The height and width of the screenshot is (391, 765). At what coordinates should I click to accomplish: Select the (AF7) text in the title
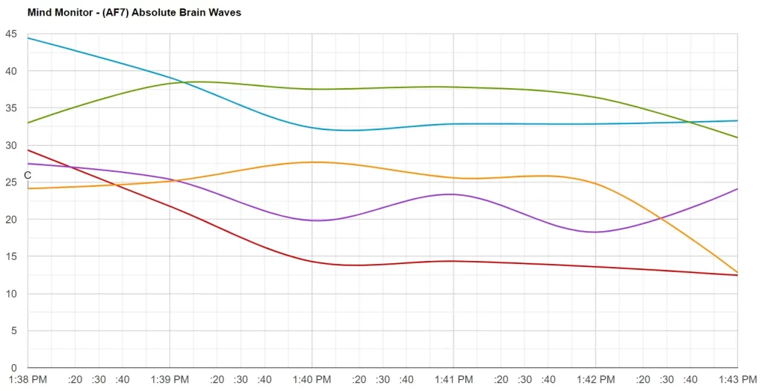[x=108, y=13]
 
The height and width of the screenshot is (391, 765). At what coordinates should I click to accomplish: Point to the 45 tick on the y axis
[x=10, y=34]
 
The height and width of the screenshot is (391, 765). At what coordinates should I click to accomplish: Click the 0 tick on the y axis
[x=13, y=368]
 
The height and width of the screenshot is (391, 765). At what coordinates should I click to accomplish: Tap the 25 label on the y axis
[x=10, y=182]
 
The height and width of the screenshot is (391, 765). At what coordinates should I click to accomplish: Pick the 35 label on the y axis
[x=10, y=108]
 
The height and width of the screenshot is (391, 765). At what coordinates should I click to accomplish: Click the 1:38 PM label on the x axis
[x=28, y=380]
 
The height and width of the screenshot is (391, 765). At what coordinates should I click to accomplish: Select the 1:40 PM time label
[x=312, y=380]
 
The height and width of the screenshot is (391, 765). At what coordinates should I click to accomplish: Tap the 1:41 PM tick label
[x=453, y=380]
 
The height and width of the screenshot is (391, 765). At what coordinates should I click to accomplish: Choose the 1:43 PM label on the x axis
[x=737, y=380]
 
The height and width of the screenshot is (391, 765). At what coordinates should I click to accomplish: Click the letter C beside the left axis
[x=28, y=176]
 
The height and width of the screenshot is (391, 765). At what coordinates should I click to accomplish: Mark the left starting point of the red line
[x=28, y=150]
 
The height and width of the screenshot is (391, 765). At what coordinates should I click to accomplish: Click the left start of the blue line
[x=28, y=38]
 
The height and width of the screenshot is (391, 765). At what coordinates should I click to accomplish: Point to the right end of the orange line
[x=737, y=272]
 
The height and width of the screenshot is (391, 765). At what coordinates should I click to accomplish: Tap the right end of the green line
[x=737, y=138]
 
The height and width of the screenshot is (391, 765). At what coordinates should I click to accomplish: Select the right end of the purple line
[x=737, y=189]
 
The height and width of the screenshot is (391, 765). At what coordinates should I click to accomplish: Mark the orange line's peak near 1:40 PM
[x=314, y=162]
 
